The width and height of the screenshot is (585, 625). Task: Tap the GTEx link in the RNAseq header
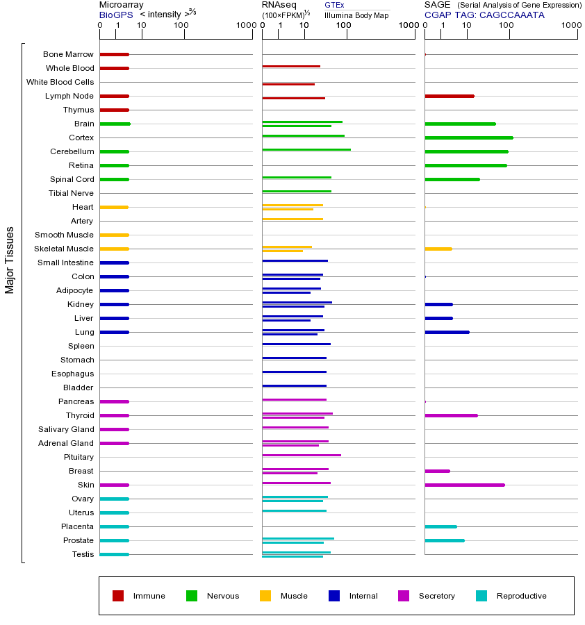coord(334,5)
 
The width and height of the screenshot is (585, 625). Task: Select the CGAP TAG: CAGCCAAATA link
coord(484,15)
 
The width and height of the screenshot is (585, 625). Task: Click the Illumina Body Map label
coord(356,15)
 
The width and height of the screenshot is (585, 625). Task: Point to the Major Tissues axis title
coord(10,260)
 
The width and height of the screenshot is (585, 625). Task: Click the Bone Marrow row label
coord(68,54)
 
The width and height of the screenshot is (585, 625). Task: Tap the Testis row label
coord(83,554)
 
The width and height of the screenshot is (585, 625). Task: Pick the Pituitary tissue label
coord(78,457)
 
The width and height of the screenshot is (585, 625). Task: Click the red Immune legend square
coord(118,596)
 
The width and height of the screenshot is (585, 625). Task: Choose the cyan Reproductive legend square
coord(481,596)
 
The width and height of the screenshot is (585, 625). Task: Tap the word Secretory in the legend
coord(436,596)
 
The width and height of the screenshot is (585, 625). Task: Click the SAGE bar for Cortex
coord(468,137)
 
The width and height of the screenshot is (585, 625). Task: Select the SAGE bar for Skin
coord(464,485)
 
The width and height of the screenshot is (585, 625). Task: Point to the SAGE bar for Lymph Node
coord(449,96)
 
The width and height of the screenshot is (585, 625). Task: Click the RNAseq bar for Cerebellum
coord(306,149)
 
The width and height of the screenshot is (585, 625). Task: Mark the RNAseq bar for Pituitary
coord(301,455)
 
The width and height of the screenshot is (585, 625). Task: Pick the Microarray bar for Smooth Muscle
coord(114,235)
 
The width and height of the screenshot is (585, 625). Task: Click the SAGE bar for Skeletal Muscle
coord(438,249)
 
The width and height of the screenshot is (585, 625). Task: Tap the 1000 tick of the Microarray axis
coord(245,26)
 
